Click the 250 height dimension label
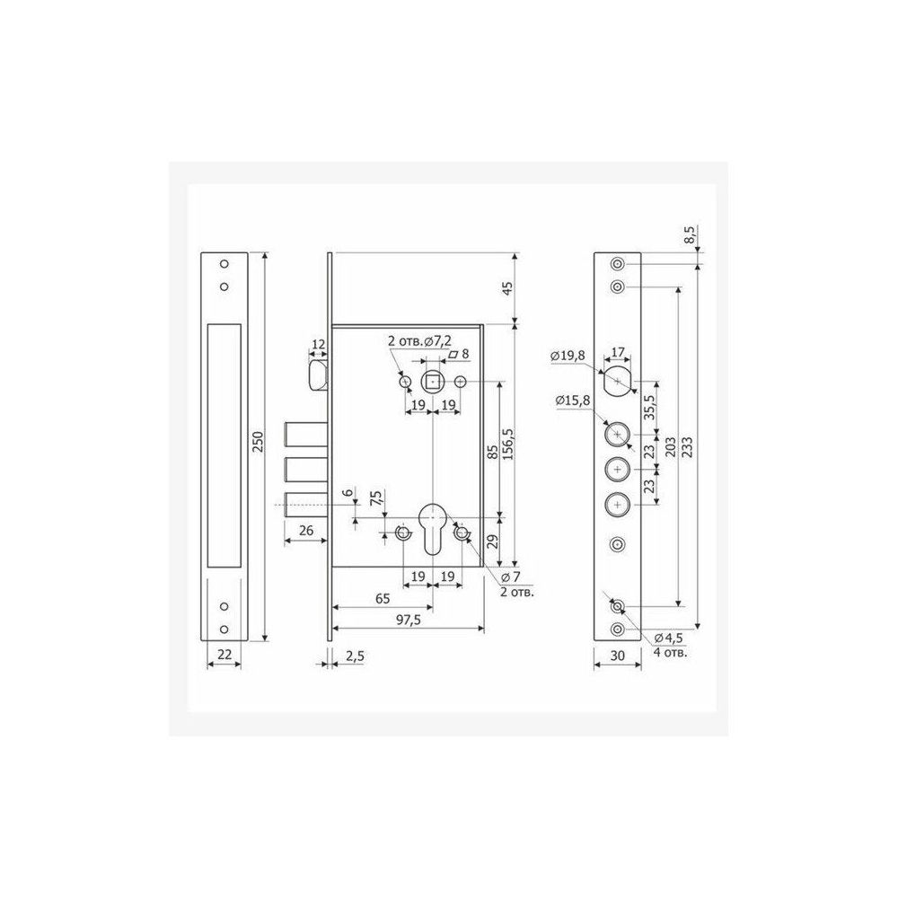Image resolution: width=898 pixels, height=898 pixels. (x=258, y=442)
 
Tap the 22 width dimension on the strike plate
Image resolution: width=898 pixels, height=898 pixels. (x=224, y=654)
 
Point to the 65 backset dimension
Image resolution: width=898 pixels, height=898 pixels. (x=383, y=598)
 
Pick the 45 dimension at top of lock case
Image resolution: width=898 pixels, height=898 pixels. (x=506, y=288)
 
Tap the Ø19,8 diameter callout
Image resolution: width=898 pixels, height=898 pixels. (x=568, y=356)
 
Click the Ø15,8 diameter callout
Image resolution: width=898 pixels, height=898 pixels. (x=572, y=401)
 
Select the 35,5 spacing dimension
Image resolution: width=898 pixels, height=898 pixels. (x=649, y=408)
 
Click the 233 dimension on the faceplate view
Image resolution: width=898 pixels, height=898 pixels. (x=687, y=446)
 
